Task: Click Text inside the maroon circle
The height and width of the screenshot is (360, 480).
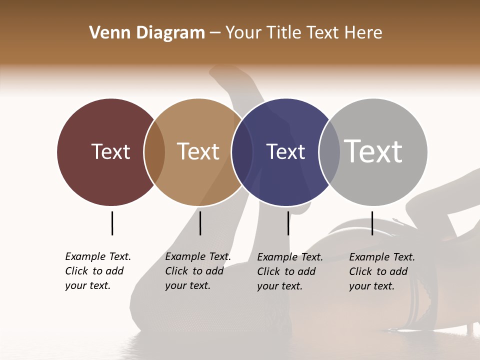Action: tap(110, 151)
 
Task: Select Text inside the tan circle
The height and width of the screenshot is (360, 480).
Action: tap(198, 151)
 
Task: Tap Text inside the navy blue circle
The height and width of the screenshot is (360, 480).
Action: tap(285, 151)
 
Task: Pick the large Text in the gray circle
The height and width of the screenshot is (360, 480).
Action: tap(373, 151)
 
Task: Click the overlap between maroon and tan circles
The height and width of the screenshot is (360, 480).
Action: tap(154, 152)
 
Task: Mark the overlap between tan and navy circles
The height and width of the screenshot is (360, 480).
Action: tap(242, 152)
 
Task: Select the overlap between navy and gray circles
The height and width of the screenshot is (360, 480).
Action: tap(329, 152)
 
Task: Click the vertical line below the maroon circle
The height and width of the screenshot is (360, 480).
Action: tap(112, 223)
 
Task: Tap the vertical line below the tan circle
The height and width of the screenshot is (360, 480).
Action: tap(200, 223)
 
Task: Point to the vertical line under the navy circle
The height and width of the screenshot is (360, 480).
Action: tap(288, 223)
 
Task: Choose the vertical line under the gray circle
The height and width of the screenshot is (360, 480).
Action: tap(372, 223)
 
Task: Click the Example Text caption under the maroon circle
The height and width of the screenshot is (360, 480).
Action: tap(98, 271)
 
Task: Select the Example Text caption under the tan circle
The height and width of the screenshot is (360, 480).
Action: tap(198, 271)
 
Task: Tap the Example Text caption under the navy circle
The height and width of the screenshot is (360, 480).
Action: tap(290, 271)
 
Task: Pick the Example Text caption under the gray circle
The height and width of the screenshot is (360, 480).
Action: tap(382, 271)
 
